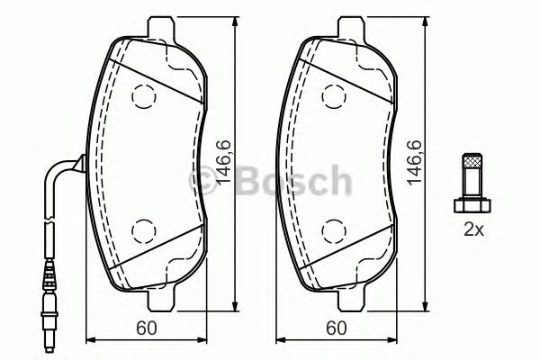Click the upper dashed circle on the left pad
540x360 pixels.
point(144,93)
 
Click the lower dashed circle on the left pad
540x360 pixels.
point(144,231)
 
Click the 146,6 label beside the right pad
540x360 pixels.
point(415,163)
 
